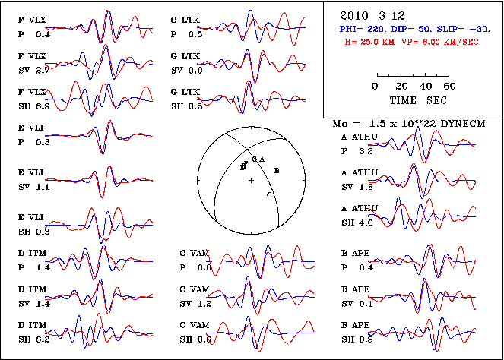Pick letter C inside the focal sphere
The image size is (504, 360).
[269, 195]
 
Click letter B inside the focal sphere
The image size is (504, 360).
[277, 171]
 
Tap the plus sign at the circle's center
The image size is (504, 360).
[251, 179]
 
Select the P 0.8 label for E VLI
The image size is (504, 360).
[33, 142]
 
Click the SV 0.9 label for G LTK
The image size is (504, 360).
[187, 70]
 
